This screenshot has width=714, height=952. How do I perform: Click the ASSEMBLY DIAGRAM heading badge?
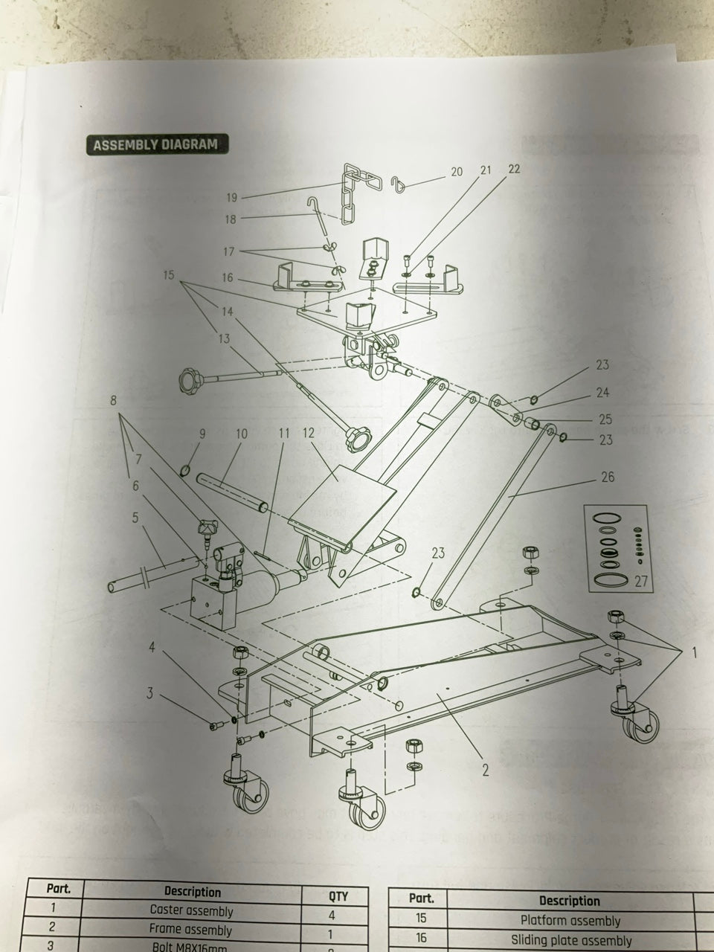coord(155,144)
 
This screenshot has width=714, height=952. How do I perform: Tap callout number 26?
coord(608,477)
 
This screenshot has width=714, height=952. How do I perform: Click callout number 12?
coord(309,432)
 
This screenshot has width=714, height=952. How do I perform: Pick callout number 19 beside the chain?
coord(231,197)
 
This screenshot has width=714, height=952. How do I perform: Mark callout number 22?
coord(514,169)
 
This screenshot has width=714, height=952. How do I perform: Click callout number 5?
coord(135,517)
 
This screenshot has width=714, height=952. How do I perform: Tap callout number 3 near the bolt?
coord(149,695)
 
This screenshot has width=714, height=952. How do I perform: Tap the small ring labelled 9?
coord(185,469)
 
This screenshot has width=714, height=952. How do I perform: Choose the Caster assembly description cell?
coord(191,910)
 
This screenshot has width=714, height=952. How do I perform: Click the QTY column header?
coord(338,896)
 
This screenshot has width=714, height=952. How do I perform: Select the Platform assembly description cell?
coord(570,921)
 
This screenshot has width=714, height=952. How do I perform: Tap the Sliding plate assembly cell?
coord(570,941)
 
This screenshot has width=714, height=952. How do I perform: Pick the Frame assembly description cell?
coord(191,930)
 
